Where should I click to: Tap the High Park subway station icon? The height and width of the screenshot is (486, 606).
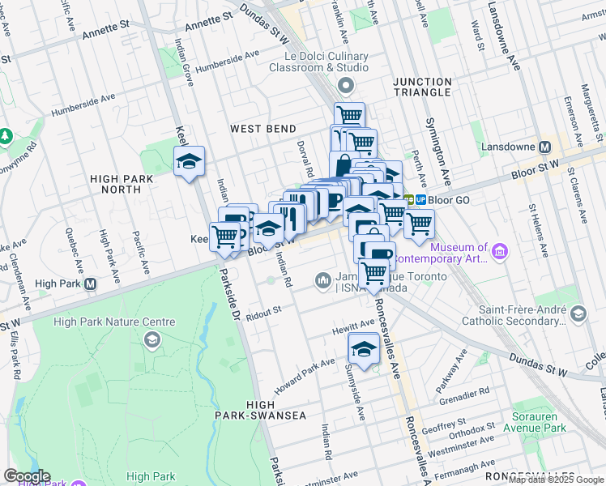[x=91, y=284]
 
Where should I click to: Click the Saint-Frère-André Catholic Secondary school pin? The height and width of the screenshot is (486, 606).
[x=578, y=313]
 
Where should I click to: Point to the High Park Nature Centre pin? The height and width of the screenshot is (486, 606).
[x=151, y=338]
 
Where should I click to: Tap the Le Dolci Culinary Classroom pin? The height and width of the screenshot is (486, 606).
[x=348, y=86]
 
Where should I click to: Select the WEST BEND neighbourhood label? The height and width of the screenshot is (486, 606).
[x=262, y=129]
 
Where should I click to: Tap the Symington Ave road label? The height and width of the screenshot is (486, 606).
[x=435, y=150]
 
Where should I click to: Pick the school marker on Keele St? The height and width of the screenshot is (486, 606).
[x=190, y=161]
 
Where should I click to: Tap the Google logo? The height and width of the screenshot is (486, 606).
[x=27, y=476]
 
